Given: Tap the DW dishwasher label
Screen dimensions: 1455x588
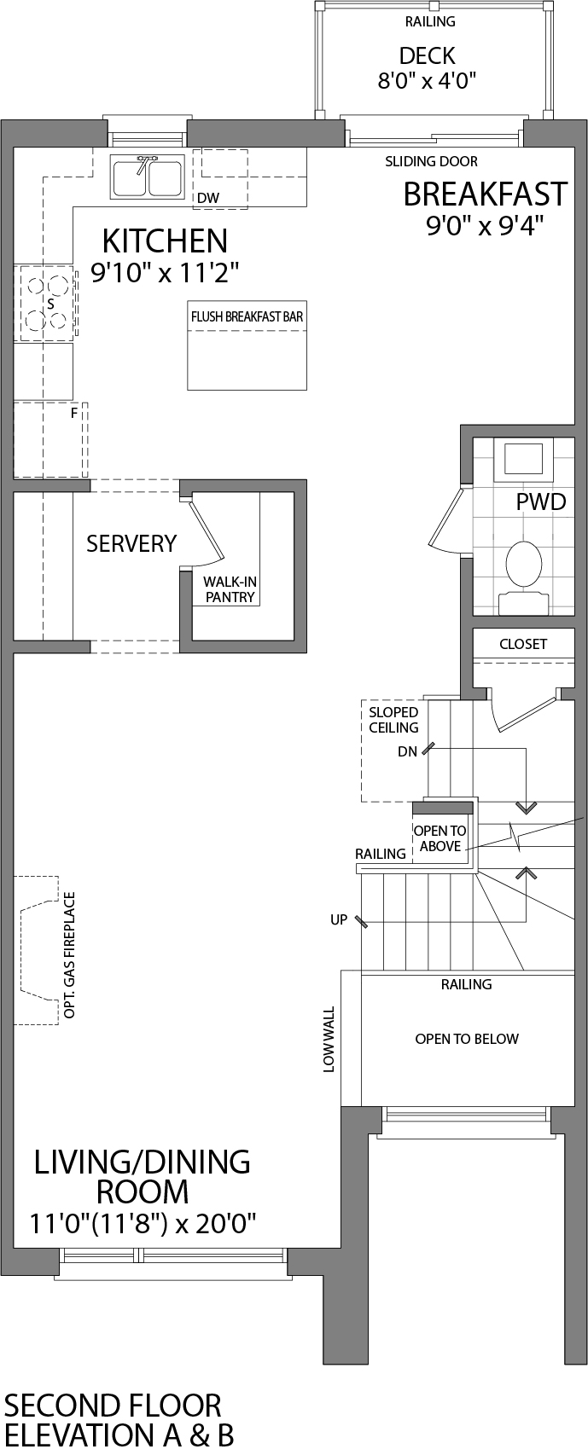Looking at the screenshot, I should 207,198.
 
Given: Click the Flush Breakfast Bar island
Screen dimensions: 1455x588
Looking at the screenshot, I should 247,345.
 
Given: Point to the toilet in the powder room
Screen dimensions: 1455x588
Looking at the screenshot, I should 523,568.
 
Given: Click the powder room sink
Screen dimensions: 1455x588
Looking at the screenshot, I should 522,460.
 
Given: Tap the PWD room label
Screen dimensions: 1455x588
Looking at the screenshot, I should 541,501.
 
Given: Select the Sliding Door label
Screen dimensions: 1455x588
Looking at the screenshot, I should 431,161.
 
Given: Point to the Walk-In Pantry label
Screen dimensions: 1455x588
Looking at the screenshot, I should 230,589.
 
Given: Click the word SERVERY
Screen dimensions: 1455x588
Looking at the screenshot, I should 131,543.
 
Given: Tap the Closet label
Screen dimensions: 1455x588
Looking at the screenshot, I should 523,644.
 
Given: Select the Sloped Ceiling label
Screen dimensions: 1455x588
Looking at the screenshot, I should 393,720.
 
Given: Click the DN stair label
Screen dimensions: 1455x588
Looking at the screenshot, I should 407,751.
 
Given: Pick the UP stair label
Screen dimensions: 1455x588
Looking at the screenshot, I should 339,920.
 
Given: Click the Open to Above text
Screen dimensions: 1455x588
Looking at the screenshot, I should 440,838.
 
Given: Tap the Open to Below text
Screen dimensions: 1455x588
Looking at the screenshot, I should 467,1039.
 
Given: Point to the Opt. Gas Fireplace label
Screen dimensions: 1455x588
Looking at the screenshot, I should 70,955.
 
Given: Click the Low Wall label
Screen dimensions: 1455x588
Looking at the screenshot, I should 329,1039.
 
